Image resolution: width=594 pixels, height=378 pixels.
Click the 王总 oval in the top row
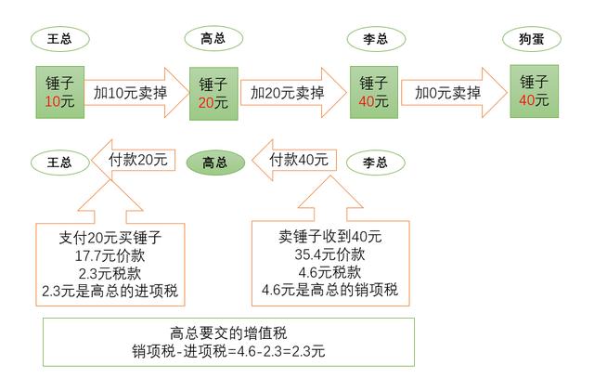click(59, 39)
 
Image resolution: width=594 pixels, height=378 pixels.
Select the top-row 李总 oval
click(374, 39)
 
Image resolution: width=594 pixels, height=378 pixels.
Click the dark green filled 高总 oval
click(214, 162)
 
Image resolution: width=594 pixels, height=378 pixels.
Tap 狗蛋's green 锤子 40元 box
click(534, 91)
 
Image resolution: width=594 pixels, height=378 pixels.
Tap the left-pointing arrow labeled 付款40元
click(291, 161)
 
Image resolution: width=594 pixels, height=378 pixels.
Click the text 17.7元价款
click(108, 254)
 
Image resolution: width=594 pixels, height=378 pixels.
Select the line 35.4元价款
click(329, 255)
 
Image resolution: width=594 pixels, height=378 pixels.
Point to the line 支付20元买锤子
click(108, 237)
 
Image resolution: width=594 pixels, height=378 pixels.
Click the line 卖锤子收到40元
click(329, 237)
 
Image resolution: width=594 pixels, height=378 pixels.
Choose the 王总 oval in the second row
click(59, 162)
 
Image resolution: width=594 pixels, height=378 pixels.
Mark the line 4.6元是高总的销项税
click(329, 292)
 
